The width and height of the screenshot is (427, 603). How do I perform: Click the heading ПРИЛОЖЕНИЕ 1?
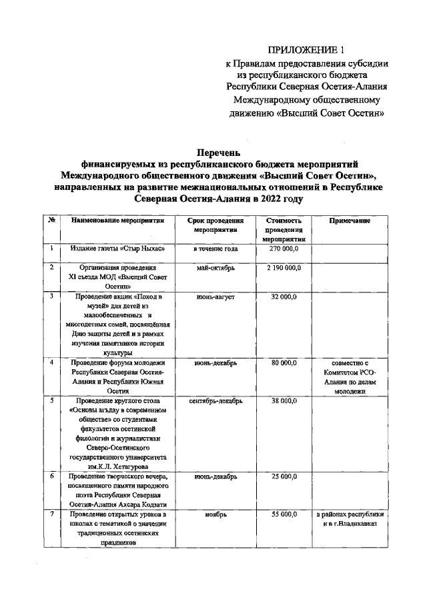pyautogui.click(x=308, y=50)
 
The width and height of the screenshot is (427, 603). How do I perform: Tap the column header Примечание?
pyautogui.click(x=350, y=221)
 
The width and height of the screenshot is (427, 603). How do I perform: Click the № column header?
pyautogui.click(x=51, y=221)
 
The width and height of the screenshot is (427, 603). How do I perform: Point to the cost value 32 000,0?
pyautogui.click(x=283, y=297)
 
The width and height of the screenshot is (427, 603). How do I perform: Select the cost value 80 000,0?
pyautogui.click(x=283, y=363)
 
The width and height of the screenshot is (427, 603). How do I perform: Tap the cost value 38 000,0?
pyautogui.click(x=283, y=401)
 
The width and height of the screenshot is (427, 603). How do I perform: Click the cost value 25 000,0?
pyautogui.click(x=283, y=477)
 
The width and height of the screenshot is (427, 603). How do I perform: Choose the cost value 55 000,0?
pyautogui.click(x=283, y=515)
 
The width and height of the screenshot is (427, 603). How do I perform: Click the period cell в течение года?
pyautogui.click(x=216, y=249)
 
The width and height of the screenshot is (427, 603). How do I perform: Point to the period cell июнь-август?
pyautogui.click(x=216, y=297)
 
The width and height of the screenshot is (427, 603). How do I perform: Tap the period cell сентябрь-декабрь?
pyautogui.click(x=216, y=401)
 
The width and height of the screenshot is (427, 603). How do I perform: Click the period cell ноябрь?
pyautogui.click(x=216, y=515)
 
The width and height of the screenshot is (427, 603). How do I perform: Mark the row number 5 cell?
pyautogui.click(x=51, y=401)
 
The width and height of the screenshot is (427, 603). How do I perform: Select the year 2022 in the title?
pyautogui.click(x=266, y=199)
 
